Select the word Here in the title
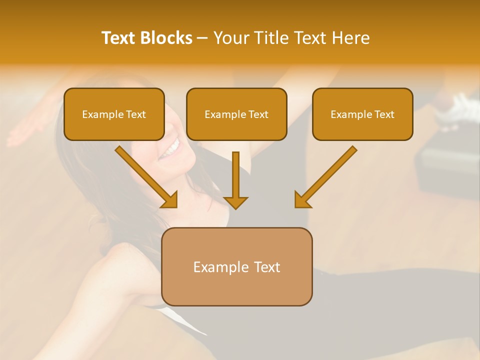(350, 38)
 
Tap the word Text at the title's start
(119, 38)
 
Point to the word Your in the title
(231, 38)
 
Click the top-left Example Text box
(114, 114)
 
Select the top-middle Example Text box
(236, 114)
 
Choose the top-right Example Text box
(362, 114)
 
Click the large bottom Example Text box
(236, 267)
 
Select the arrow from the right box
(327, 175)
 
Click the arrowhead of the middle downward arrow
(235, 202)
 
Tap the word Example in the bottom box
(218, 267)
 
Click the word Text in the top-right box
(384, 114)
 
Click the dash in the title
(202, 38)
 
